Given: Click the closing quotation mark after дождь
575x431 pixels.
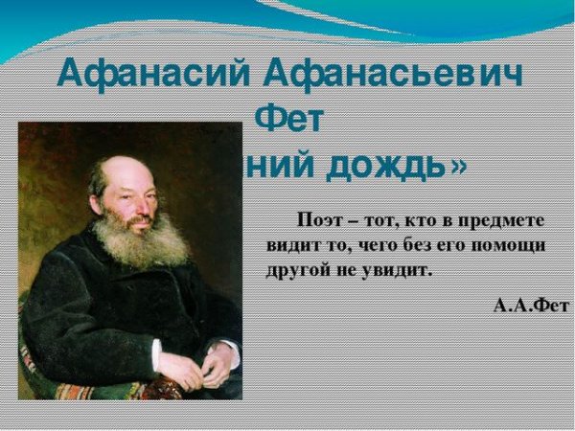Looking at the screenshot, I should tap(459, 165).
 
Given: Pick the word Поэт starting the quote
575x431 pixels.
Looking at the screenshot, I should tap(321, 219).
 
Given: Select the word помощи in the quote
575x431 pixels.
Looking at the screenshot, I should tap(513, 245).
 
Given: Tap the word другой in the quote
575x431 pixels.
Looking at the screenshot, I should tap(298, 270).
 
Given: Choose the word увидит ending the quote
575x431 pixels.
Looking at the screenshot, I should tap(402, 270).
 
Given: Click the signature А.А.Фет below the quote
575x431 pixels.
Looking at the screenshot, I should tap(529, 305).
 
